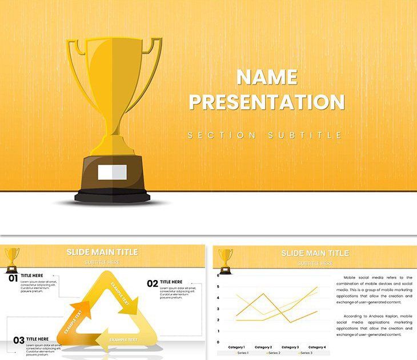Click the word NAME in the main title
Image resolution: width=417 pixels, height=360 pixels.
(267, 77)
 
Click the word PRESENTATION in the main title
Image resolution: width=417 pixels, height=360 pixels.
(267, 102)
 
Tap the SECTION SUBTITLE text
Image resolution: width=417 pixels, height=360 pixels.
(265, 135)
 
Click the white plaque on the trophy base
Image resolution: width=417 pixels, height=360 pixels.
(112, 171)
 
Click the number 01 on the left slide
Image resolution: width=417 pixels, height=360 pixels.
(13, 278)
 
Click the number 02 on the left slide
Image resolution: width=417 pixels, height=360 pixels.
(153, 283)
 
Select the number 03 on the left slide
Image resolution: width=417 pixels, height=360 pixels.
(19, 341)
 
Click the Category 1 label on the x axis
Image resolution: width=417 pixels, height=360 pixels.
(236, 347)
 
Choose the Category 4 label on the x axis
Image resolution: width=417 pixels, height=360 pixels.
(317, 347)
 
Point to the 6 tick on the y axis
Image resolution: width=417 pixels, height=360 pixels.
(218, 275)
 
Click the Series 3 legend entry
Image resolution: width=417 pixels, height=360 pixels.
(303, 353)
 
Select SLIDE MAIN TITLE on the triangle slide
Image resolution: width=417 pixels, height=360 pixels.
(102, 252)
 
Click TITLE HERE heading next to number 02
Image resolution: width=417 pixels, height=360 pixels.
(171, 282)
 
